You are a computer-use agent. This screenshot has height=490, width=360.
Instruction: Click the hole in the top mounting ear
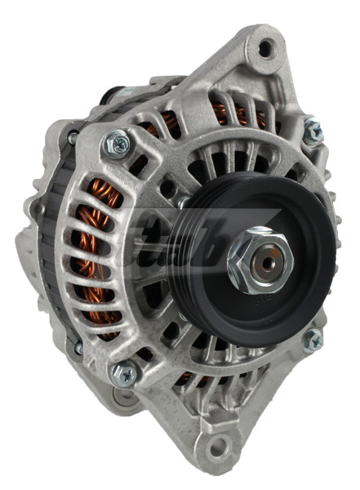[266, 49]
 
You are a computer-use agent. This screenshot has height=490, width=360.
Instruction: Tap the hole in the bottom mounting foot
[218, 448]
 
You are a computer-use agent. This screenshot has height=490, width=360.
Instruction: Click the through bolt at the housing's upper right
[312, 128]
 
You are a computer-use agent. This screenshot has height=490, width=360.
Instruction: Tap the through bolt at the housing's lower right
[312, 340]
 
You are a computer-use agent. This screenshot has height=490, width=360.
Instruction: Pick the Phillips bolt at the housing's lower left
[123, 373]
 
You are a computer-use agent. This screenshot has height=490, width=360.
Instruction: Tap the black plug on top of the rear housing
[114, 91]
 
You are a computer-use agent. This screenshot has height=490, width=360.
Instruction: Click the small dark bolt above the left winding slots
[72, 140]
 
